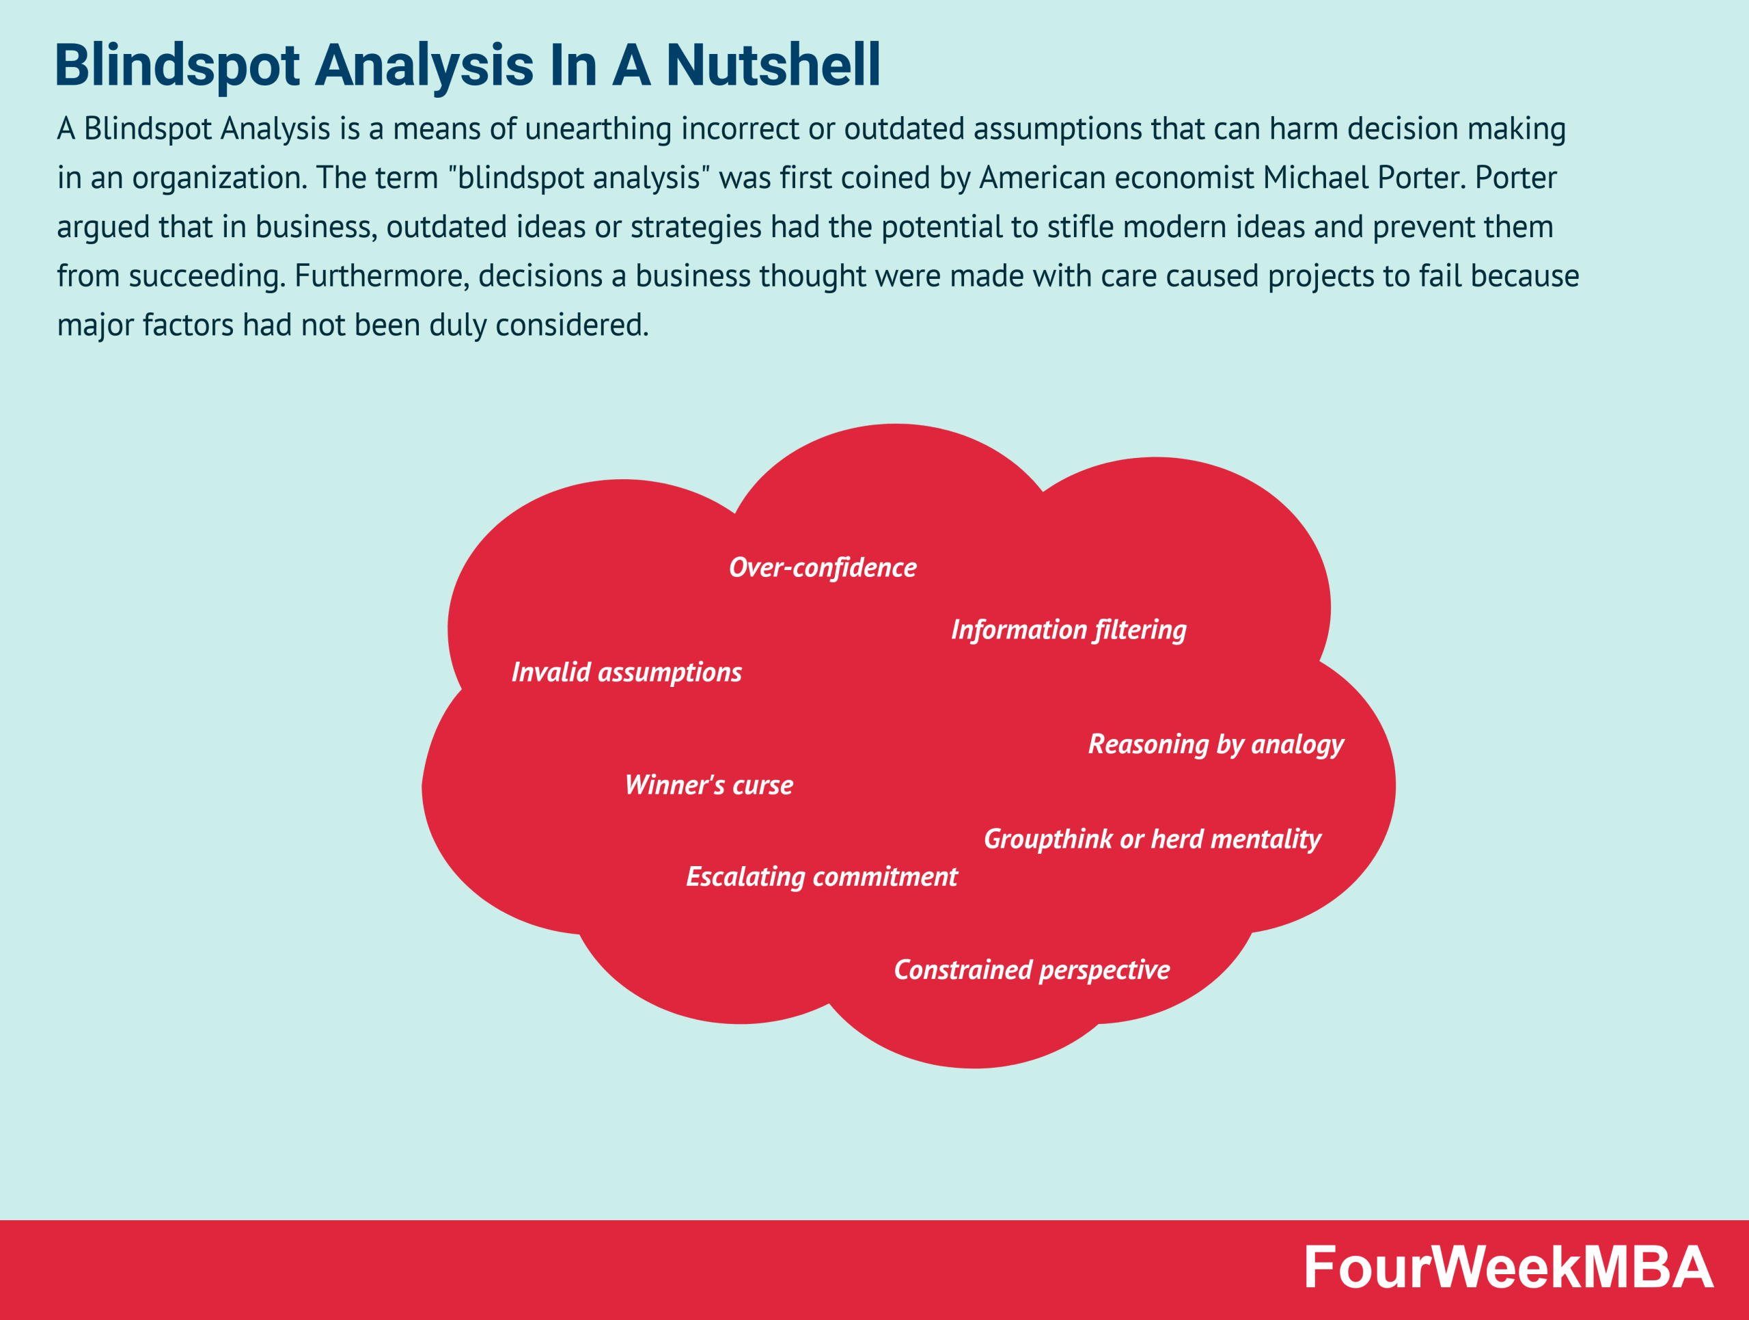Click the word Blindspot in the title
(176, 65)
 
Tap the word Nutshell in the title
(773, 65)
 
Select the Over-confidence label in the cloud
(823, 567)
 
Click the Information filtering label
(1069, 630)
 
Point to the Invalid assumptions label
(626, 672)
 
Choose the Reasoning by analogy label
(1215, 744)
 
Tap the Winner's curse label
(708, 785)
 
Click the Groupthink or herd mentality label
(1152, 838)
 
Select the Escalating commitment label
(821, 876)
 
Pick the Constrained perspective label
(1031, 969)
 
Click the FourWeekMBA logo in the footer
(1508, 1267)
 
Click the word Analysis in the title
(424, 65)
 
